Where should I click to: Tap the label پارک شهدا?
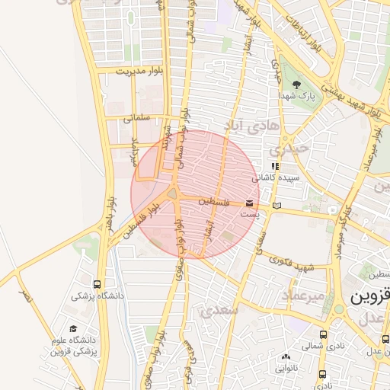pyautogui.click(x=297, y=97)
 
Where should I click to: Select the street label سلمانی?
pyautogui.click(x=138, y=118)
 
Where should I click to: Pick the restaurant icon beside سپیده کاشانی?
pyautogui.click(x=275, y=166)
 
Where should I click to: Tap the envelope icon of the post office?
pyautogui.click(x=250, y=203)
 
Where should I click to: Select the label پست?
pyautogui.click(x=250, y=216)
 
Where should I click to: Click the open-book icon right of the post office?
pyautogui.click(x=277, y=205)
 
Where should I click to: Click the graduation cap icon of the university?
pyautogui.click(x=73, y=328)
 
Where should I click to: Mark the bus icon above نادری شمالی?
pyautogui.click(x=324, y=334)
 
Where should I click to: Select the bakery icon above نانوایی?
pyautogui.click(x=286, y=356)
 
